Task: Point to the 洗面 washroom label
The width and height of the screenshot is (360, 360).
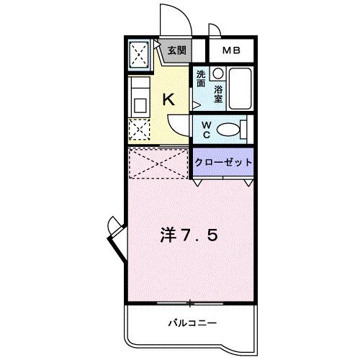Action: click(x=201, y=78)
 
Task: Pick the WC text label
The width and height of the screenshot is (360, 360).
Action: click(x=205, y=129)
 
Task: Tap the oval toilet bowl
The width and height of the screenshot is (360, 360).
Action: click(x=229, y=130)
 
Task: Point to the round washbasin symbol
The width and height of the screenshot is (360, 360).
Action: click(x=217, y=74)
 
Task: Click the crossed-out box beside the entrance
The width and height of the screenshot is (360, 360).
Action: click(x=139, y=54)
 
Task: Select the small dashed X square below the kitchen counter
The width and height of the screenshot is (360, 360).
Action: click(x=138, y=130)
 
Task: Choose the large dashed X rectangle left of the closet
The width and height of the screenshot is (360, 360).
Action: click(x=159, y=163)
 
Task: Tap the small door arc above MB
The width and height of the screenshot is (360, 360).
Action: click(x=214, y=30)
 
